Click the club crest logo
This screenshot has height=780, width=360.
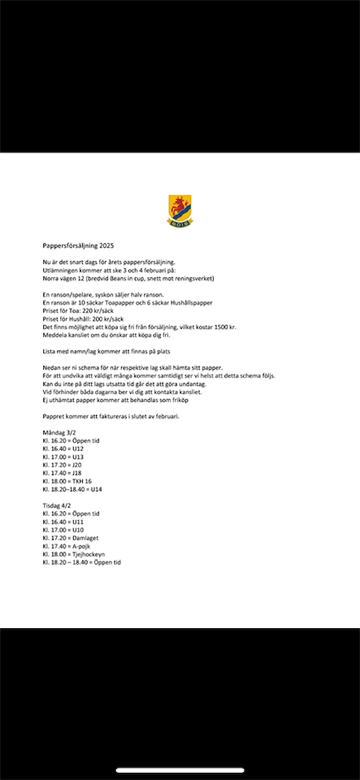coord(180,211)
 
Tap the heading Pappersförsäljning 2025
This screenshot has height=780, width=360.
coord(78,245)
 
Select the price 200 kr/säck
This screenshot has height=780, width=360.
coord(108,319)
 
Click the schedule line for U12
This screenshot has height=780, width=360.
coord(63,449)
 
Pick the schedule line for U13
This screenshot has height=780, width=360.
coord(63,457)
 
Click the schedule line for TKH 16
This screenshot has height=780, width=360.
coord(67,481)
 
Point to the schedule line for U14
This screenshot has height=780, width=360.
coord(72,490)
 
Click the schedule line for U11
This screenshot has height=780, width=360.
coord(63,522)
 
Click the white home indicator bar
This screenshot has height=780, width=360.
coord(180,770)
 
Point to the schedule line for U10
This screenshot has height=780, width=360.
coord(63,530)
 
